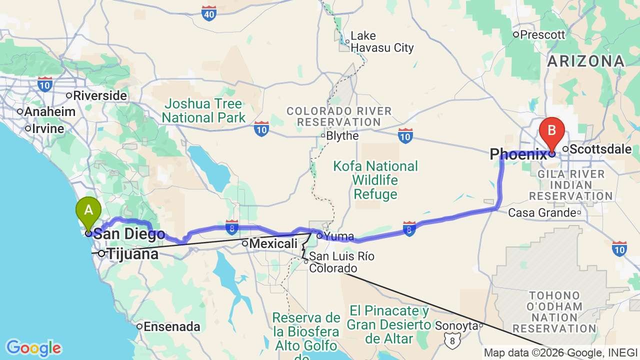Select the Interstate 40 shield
209,13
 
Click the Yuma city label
339,236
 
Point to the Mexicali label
273,244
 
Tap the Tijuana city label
133,254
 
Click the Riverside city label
100,95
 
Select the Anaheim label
49,111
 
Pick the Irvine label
48,128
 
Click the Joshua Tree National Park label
203,111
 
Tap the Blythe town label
342,136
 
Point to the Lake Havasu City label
382,42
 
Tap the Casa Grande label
542,212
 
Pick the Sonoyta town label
456,325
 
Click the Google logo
33,348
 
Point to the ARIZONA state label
586,61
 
